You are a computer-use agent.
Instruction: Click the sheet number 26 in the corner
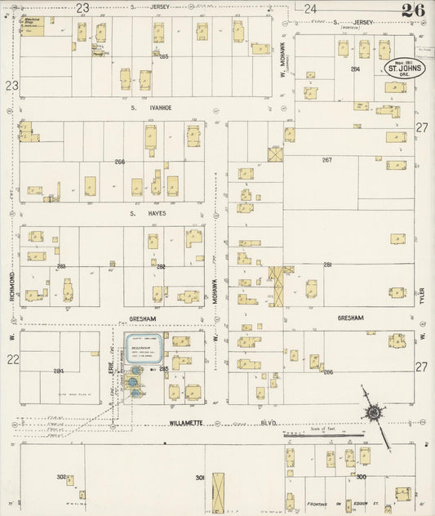click(x=412, y=11)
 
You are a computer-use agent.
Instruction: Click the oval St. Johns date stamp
click(x=402, y=69)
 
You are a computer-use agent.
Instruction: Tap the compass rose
click(x=373, y=414)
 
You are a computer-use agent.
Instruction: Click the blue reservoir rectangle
click(x=143, y=349)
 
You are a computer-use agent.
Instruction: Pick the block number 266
click(x=120, y=162)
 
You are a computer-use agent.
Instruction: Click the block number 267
click(x=327, y=160)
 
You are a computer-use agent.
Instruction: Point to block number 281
click(x=328, y=265)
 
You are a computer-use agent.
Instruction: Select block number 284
click(x=59, y=371)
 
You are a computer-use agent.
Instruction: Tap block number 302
click(x=61, y=477)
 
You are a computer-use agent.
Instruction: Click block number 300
click(x=361, y=476)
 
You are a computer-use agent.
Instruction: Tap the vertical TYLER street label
click(x=423, y=291)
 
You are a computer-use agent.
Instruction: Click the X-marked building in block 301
click(x=217, y=490)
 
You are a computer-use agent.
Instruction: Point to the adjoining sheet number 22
click(x=11, y=359)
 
